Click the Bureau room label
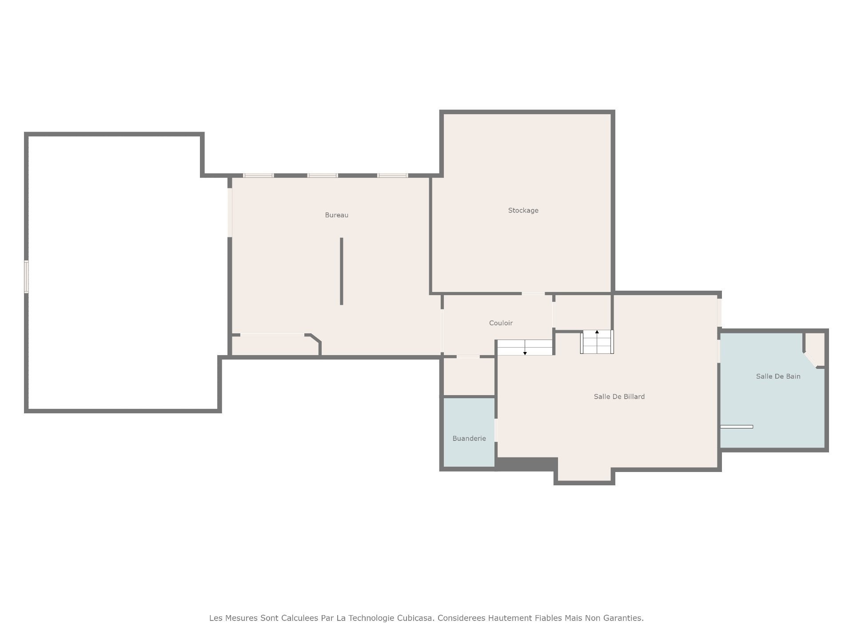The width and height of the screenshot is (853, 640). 336,215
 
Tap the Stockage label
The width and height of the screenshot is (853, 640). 523,211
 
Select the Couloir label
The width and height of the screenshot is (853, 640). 501,323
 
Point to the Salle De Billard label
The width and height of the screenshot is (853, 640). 619,396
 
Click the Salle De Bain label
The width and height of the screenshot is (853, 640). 778,376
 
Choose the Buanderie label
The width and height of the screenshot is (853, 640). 469,439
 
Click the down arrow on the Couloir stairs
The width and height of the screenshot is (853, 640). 525,348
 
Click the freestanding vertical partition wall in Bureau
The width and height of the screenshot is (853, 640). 341,271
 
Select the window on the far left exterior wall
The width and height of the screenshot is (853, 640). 26,276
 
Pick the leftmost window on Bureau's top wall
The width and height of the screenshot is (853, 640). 258,176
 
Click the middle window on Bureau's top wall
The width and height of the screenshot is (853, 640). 323,176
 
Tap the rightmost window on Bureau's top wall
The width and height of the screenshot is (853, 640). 392,176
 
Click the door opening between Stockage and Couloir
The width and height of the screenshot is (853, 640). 533,293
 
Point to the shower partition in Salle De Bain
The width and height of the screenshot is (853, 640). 736,427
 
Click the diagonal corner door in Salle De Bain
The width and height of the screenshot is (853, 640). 810,360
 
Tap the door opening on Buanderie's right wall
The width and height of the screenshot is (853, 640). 496,430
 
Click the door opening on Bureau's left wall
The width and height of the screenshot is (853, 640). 230,212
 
